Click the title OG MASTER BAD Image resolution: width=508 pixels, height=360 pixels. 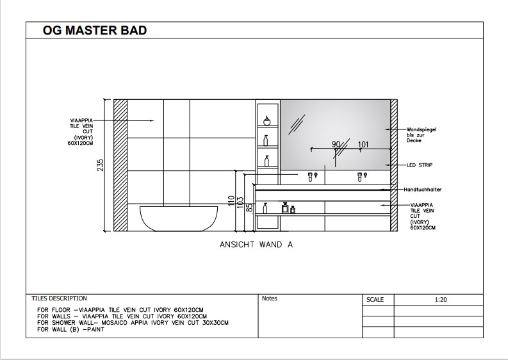[x=94, y=30]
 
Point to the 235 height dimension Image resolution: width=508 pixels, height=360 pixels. [x=101, y=165]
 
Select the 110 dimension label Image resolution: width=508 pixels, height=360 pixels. [x=231, y=200]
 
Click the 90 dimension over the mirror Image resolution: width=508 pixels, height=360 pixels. [x=335, y=144]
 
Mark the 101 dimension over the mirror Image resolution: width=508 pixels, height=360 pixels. [x=363, y=144]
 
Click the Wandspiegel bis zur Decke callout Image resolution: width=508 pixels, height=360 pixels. [x=421, y=135]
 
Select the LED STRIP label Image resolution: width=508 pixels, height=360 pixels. [x=420, y=165]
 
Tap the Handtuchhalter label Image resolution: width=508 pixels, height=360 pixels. [x=423, y=190]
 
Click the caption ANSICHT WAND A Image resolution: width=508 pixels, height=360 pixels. [x=256, y=245]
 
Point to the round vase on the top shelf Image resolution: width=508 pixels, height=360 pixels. [x=266, y=120]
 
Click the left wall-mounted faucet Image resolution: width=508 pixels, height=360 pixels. [x=312, y=175]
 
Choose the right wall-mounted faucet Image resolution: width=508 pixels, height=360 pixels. [x=361, y=175]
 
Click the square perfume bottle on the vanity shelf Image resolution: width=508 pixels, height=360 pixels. [x=285, y=208]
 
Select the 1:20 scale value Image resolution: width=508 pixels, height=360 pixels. [x=440, y=299]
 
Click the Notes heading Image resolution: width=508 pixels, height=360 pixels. [x=269, y=299]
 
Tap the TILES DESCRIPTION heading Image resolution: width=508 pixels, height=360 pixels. [x=60, y=299]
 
